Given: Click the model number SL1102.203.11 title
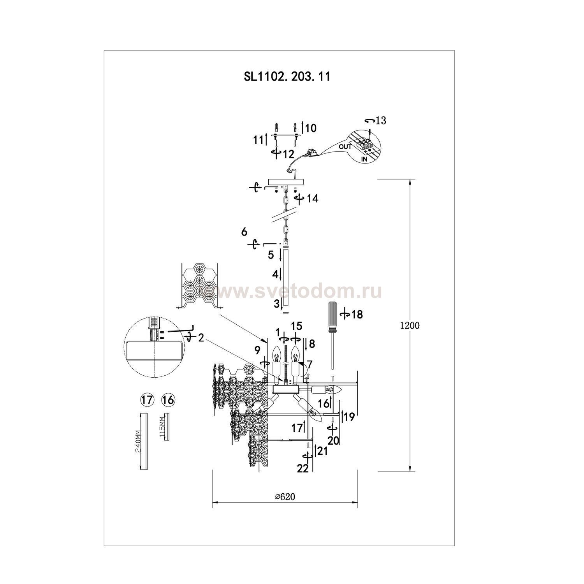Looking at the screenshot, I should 287,76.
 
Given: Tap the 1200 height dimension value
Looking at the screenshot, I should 410,326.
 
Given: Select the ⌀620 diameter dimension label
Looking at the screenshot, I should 285,496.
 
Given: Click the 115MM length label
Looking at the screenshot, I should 162,427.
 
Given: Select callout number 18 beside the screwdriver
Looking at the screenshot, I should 357,314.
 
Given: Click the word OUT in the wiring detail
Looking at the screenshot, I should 345,147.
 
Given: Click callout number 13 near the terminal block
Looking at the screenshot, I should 381,121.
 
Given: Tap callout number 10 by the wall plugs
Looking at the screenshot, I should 311,128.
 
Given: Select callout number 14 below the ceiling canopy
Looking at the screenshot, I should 312,199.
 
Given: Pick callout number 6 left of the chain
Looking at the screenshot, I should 244,232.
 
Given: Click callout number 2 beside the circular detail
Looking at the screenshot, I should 201,338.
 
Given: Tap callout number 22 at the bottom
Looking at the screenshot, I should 303,469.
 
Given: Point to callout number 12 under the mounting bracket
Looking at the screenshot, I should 288,154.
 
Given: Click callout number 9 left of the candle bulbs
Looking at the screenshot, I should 257,350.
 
